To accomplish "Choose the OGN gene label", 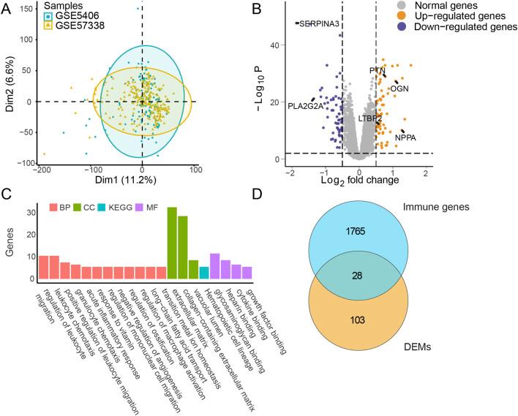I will [399, 88].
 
